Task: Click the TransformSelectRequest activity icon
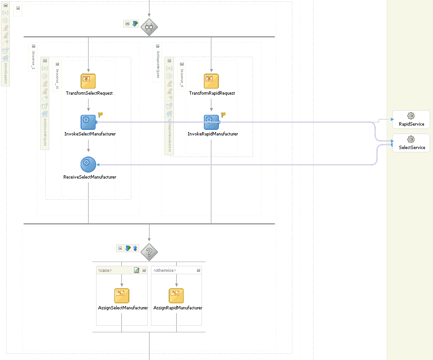point(88,81)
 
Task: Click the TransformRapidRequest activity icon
point(211,81)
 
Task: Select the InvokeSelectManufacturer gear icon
point(88,122)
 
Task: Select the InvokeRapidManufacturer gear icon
point(211,122)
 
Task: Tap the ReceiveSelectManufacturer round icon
point(88,164)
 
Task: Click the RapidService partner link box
point(411,119)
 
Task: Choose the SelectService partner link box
point(411,142)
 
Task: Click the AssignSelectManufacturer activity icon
point(122,296)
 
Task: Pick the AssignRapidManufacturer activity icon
point(176,296)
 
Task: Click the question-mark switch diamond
point(149,252)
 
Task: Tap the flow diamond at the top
point(149,27)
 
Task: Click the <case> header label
point(105,270)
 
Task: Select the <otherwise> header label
point(164,270)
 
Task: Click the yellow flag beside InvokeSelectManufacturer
point(100,114)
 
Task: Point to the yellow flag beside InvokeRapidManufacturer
point(224,114)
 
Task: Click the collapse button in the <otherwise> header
point(198,270)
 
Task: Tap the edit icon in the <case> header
point(136,270)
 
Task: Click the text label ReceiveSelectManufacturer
point(90,177)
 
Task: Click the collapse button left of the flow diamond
point(127,23)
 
